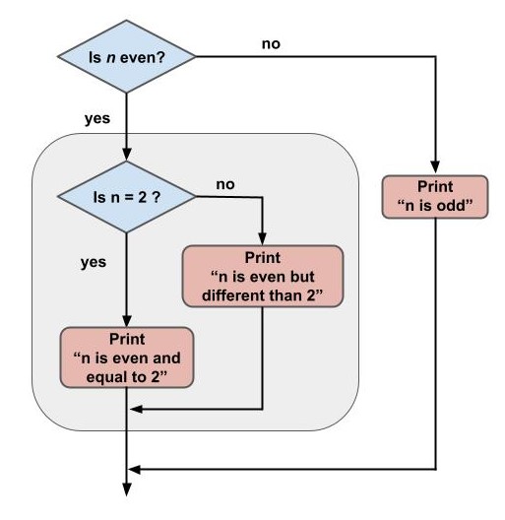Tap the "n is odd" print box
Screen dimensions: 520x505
(434, 196)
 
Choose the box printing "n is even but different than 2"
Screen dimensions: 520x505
(263, 277)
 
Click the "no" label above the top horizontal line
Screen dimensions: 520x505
(270, 44)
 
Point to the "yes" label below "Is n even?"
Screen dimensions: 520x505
(95, 118)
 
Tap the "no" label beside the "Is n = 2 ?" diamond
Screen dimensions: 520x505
(224, 183)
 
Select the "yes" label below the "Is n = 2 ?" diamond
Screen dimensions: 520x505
(93, 263)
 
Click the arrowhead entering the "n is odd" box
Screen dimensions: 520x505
(434, 168)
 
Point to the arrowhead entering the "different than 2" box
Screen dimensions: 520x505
(263, 238)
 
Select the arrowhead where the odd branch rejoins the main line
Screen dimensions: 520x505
(135, 469)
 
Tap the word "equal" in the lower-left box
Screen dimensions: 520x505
(108, 375)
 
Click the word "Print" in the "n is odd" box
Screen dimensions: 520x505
(434, 187)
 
